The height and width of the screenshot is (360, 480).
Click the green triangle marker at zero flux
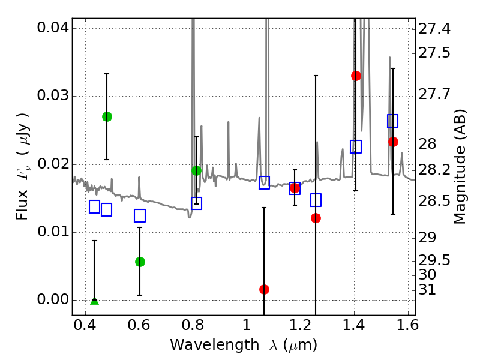(94, 300)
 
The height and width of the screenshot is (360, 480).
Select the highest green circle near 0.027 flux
(107, 116)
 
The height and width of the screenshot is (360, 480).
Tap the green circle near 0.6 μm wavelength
(140, 262)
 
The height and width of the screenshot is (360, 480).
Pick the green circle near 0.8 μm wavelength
(196, 170)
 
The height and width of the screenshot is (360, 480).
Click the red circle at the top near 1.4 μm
(356, 76)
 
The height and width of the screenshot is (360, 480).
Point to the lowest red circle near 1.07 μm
(264, 289)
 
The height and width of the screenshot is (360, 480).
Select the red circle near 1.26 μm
(316, 218)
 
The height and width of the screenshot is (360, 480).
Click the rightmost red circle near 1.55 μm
(393, 142)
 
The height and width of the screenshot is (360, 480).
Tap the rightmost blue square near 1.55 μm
(393, 121)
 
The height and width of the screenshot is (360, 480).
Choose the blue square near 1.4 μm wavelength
(356, 146)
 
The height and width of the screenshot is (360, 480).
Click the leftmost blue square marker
(94, 206)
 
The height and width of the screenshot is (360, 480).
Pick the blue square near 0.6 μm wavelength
(140, 215)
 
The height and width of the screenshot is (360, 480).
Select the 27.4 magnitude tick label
(434, 29)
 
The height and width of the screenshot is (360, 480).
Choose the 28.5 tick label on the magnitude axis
(434, 200)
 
